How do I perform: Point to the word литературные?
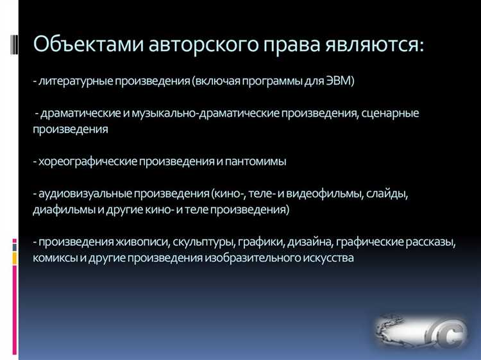71,81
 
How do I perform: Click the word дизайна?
308,242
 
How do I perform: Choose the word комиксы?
56,258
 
